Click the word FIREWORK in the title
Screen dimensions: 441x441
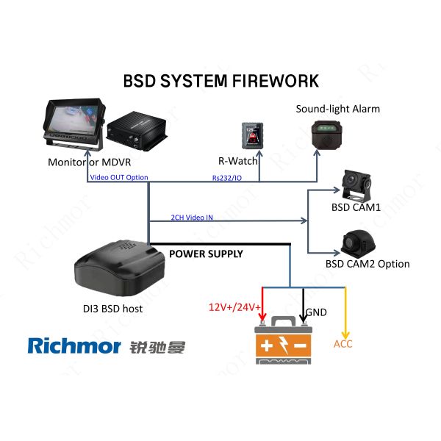pyautogui.click(x=273, y=80)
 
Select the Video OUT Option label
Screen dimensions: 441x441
pyautogui.click(x=119, y=177)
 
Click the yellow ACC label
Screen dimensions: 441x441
pyautogui.click(x=343, y=343)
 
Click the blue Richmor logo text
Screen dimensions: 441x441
pyautogui.click(x=73, y=345)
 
